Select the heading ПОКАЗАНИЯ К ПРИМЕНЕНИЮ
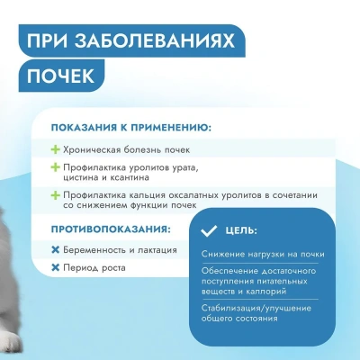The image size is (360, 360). (131, 127)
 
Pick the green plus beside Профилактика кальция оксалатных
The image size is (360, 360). (56, 196)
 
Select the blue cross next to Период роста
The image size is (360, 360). (56, 267)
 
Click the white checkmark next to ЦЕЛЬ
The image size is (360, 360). (211, 231)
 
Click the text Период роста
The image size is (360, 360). (95, 267)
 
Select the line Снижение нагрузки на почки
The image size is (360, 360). (258, 256)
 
